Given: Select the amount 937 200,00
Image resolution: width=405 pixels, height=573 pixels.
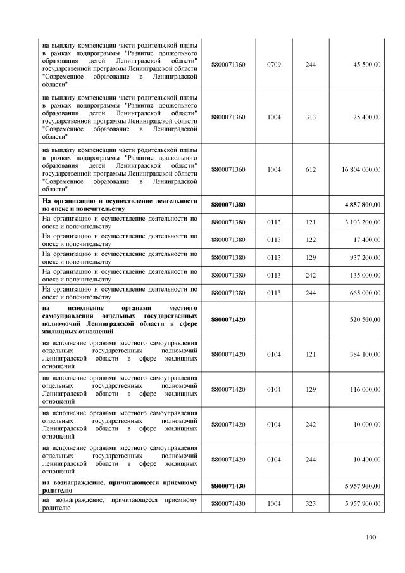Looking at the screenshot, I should (x=364, y=257).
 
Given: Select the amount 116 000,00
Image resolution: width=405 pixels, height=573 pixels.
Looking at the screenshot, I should (x=364, y=389).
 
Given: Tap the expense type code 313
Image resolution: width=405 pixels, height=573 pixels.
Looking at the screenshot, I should (x=310, y=117).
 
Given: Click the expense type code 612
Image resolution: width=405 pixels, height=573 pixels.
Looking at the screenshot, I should (x=310, y=170).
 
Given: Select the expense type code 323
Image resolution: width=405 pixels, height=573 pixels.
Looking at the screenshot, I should (x=310, y=503).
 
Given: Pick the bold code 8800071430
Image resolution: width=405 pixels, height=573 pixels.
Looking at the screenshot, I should (x=228, y=486).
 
